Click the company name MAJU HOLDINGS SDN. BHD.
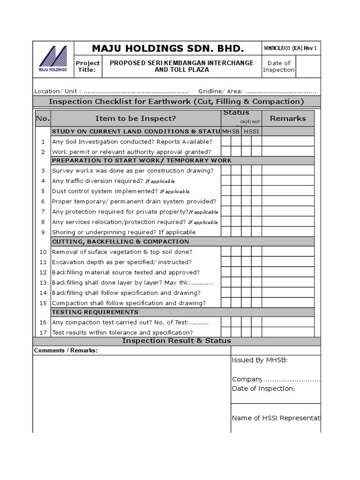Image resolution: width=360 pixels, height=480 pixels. [168, 48]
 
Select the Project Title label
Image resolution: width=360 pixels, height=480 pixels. [88, 66]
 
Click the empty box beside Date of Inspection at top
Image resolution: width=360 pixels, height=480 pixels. [308, 66]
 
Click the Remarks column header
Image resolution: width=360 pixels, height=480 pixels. [287, 119]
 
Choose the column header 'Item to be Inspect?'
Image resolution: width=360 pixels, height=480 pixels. [135, 119]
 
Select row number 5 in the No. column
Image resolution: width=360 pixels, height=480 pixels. [43, 191]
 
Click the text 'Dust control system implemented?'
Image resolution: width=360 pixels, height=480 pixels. [105, 191]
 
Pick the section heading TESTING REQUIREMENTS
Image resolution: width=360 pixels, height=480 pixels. [95, 312]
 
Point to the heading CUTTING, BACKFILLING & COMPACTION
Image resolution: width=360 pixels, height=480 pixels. [120, 242]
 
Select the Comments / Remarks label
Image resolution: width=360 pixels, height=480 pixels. [66, 351]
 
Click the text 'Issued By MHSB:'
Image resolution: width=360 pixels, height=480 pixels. [260, 360]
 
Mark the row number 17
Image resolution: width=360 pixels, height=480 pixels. [43, 332]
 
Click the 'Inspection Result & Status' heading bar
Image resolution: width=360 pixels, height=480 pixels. [176, 341]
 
